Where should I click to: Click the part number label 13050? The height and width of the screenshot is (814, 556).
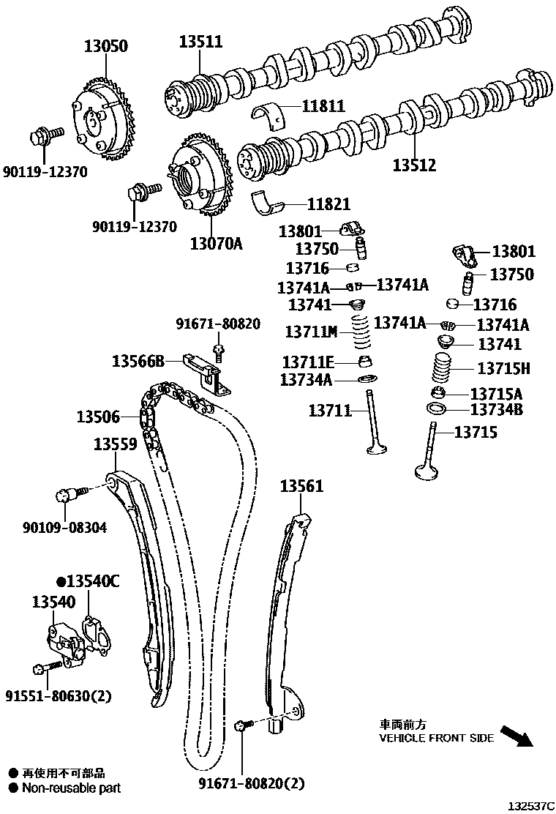click(104, 46)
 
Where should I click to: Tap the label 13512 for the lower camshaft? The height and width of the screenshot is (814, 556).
click(414, 165)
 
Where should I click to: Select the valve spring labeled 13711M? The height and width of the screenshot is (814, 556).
click(360, 334)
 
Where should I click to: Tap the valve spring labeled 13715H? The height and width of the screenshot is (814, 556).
click(442, 368)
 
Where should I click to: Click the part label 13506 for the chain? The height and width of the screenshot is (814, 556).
click(98, 417)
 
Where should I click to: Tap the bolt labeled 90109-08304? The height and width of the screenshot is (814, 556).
click(67, 496)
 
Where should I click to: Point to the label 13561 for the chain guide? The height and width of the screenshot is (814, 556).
click(302, 485)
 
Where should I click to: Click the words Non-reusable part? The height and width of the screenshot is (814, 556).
click(71, 788)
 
